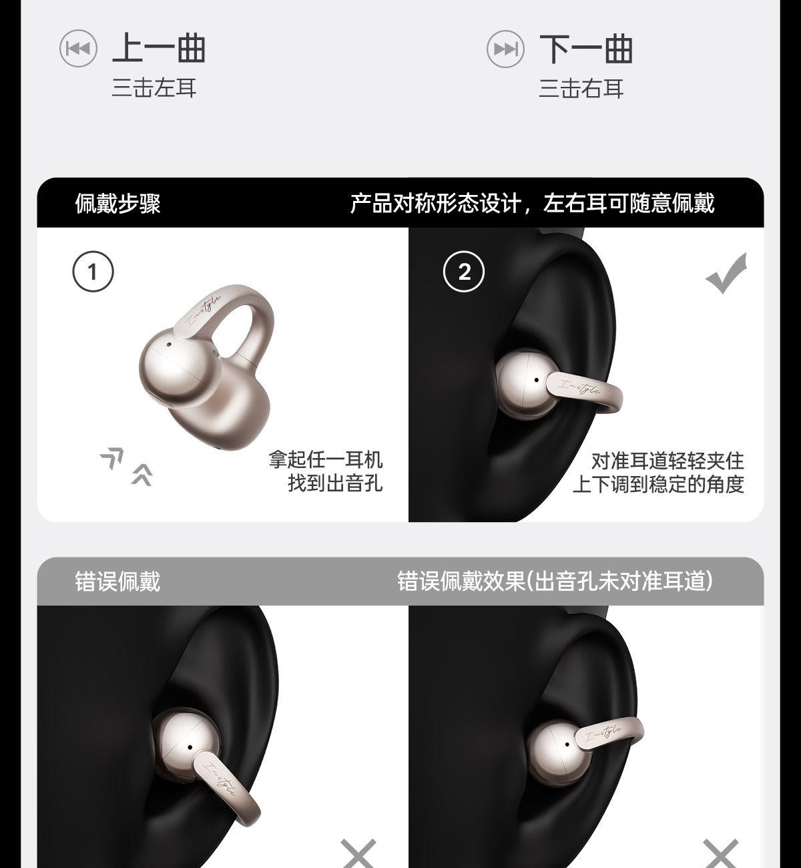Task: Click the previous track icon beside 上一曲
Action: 78,49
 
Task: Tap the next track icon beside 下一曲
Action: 505,49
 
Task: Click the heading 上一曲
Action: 159,48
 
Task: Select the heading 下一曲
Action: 586,49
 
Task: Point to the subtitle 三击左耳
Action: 154,88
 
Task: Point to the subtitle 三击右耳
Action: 581,89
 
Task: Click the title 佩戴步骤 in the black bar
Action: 118,203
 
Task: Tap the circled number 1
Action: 93,271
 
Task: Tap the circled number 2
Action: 464,272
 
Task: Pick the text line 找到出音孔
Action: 335,483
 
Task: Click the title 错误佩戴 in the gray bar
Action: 118,582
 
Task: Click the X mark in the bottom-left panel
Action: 358,851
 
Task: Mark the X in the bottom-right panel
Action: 721,851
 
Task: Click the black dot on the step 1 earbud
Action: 169,345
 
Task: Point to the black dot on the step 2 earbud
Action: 537,380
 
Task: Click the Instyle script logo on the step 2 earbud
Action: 580,387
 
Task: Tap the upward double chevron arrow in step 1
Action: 142,475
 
